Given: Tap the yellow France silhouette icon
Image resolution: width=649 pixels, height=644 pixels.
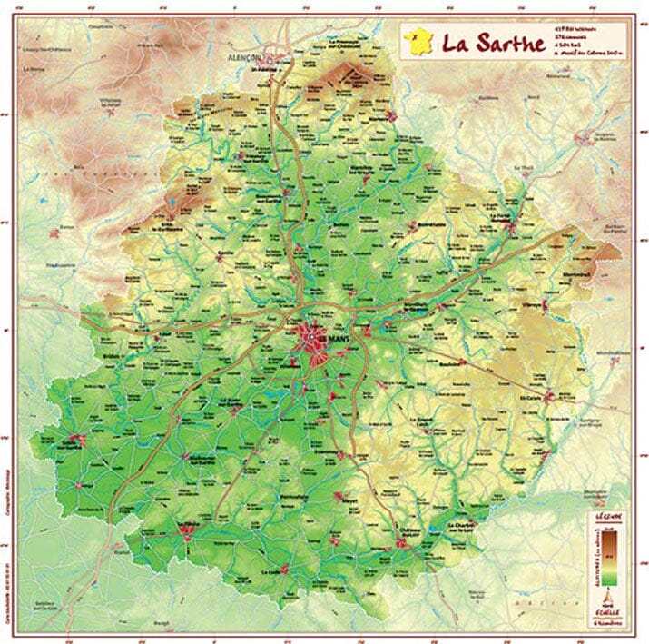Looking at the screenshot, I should pyautogui.click(x=418, y=40).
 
